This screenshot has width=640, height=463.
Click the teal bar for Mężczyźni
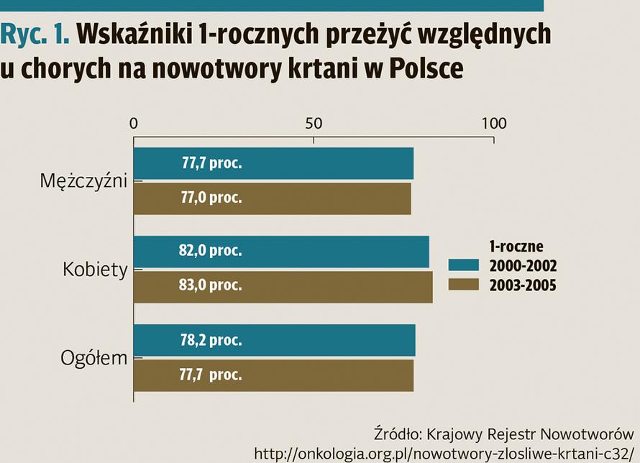[273, 163]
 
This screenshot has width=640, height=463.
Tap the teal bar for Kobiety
[281, 251]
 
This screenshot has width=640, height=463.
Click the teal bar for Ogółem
[274, 340]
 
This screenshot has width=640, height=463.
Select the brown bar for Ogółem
[273, 375]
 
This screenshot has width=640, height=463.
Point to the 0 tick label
[134, 124]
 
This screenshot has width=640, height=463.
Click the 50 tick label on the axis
[314, 124]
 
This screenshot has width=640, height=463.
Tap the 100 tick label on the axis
[493, 124]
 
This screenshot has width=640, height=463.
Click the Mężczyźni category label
[83, 180]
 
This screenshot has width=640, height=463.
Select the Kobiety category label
[95, 270]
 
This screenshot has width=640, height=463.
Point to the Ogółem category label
[93, 358]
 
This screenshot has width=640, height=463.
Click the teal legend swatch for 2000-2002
[463, 266]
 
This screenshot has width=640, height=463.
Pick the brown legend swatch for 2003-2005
[463, 285]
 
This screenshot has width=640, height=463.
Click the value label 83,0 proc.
[210, 285]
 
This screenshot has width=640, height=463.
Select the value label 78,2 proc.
[210, 340]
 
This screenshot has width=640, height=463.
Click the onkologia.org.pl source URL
[446, 453]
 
